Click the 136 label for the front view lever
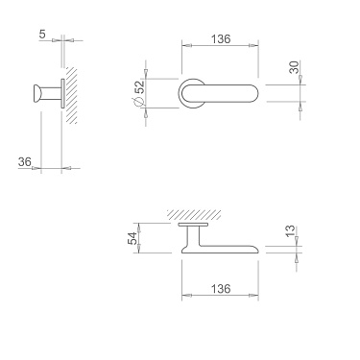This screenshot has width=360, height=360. coord(219,39)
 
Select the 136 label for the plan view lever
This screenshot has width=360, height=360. coord(219,286)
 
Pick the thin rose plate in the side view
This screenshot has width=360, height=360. coord(62,94)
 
